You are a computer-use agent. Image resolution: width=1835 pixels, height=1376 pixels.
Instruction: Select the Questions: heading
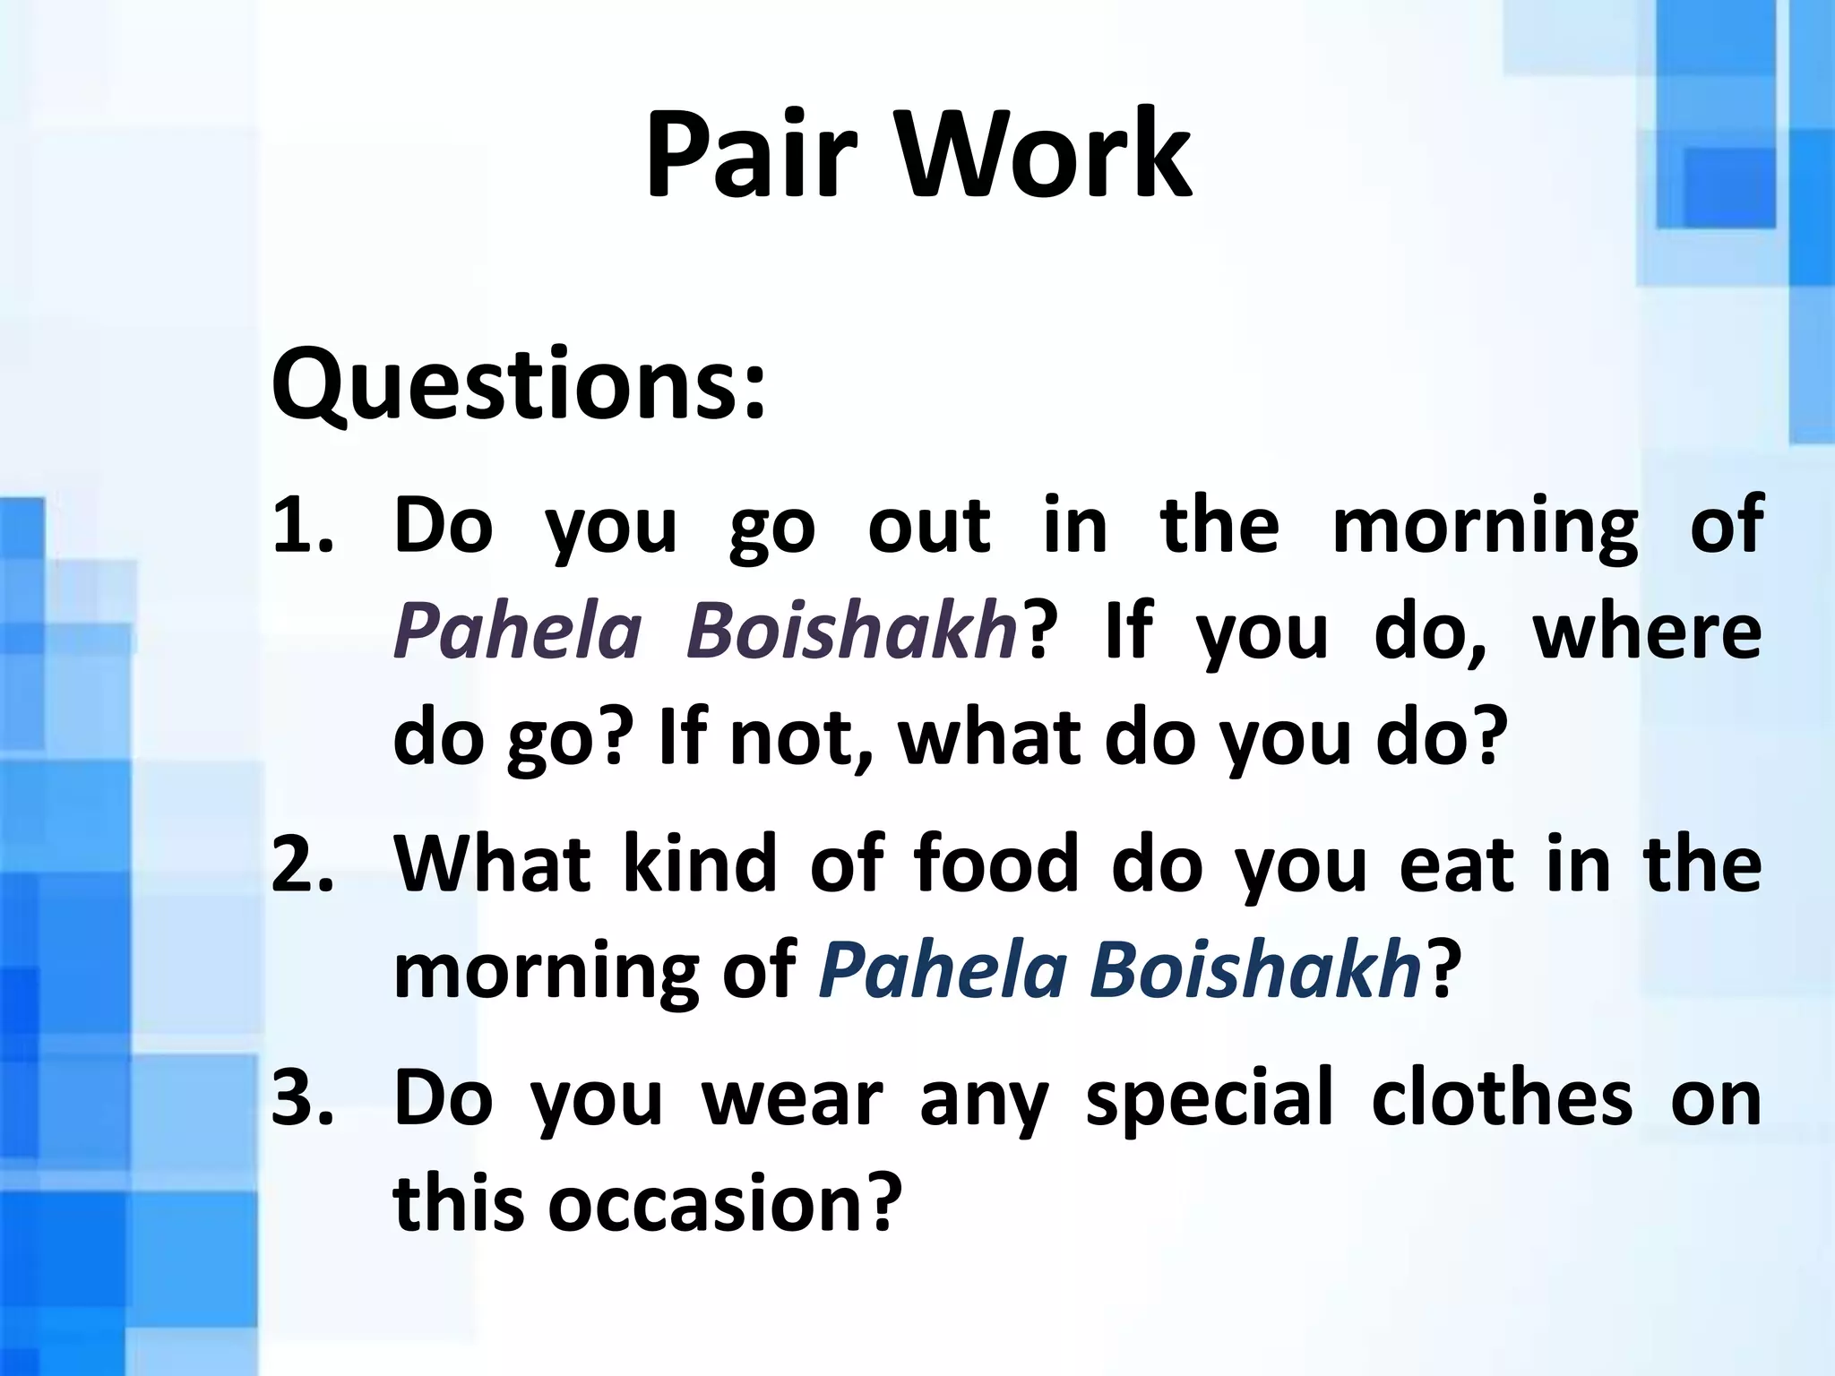(x=519, y=385)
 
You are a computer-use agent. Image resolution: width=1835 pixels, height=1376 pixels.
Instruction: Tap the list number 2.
(x=303, y=865)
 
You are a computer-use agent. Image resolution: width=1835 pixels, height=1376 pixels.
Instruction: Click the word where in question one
(x=1647, y=632)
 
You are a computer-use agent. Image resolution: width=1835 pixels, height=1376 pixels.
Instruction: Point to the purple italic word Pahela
(x=518, y=632)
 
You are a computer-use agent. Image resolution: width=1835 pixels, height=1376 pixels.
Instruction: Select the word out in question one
(x=929, y=526)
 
